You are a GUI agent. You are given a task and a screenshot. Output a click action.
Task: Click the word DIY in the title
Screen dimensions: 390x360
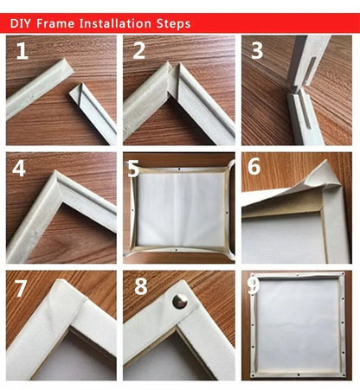pyautogui.click(x=22, y=23)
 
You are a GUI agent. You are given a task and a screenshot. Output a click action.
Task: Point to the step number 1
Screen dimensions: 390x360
pyautogui.click(x=22, y=53)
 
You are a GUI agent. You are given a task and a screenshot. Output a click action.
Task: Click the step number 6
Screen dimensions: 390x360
pyautogui.click(x=254, y=167)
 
